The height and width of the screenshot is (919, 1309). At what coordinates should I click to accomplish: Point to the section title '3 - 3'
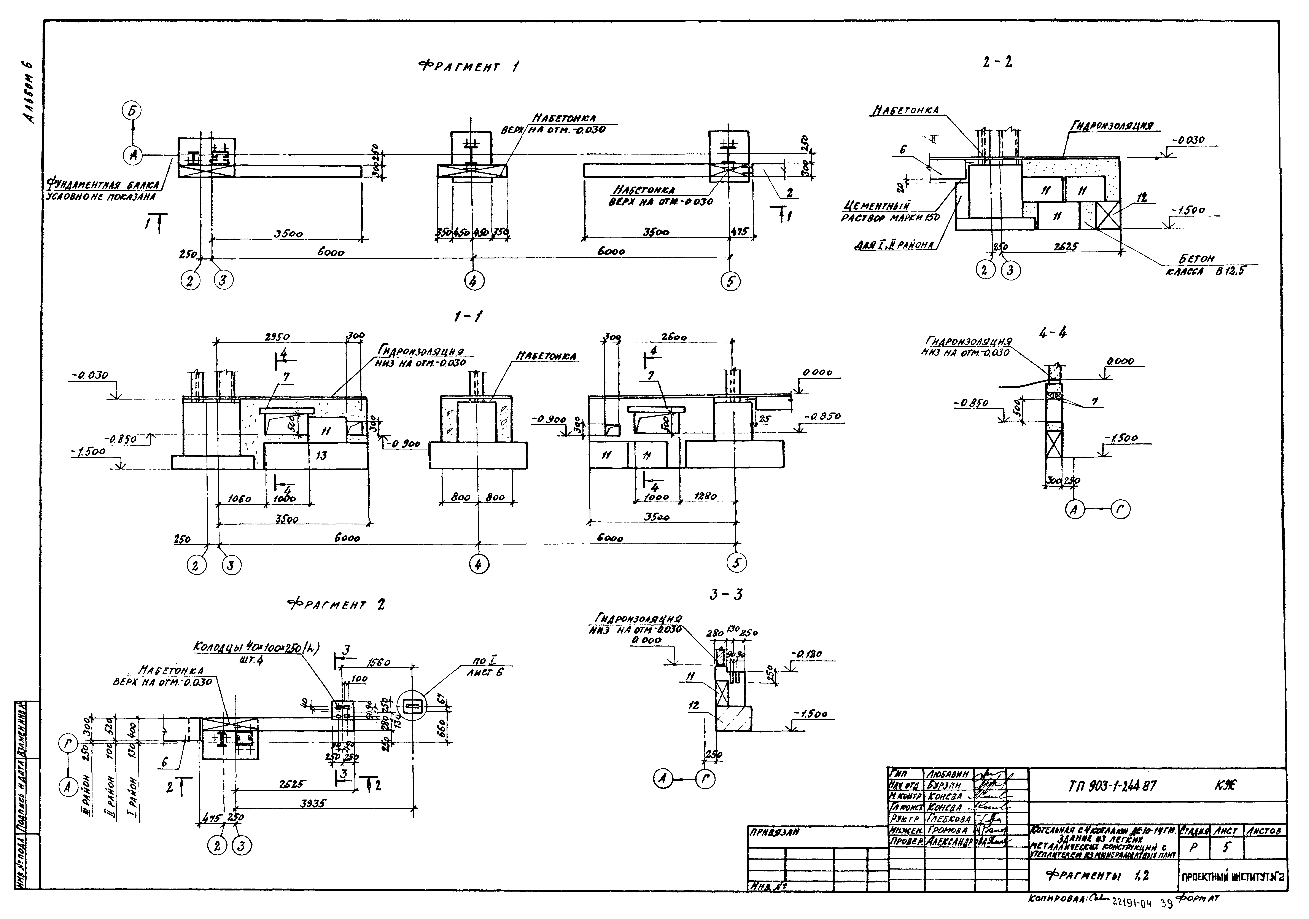pyautogui.click(x=726, y=595)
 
